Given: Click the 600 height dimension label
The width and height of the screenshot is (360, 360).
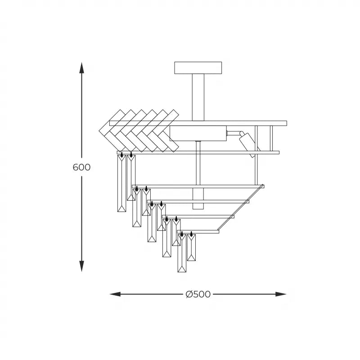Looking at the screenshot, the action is click(x=81, y=167).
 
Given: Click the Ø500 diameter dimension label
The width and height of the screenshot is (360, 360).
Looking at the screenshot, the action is click(x=198, y=294).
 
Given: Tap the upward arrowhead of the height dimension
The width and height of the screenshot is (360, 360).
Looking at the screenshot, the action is click(x=81, y=68).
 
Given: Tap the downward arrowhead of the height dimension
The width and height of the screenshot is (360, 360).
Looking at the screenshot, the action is click(x=81, y=266).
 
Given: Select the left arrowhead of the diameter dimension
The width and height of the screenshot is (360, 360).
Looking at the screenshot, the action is click(x=115, y=294).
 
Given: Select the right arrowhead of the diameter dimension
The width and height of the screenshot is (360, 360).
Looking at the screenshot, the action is click(x=281, y=294).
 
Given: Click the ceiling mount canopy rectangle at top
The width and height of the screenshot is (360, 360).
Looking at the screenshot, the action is click(x=198, y=68).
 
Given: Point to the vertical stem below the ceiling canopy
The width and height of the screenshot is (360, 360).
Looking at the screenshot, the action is click(x=198, y=97).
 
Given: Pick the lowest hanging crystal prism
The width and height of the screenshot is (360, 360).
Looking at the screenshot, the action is click(x=182, y=253).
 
